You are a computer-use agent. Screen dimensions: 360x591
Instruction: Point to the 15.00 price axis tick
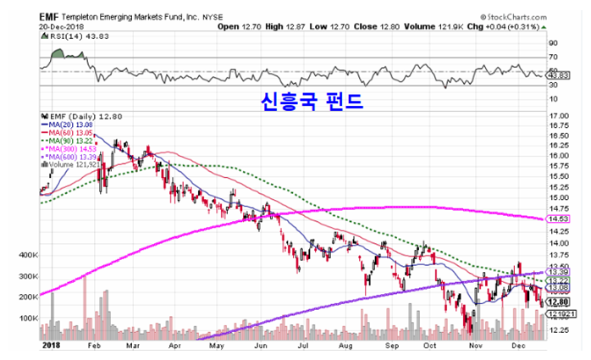559,197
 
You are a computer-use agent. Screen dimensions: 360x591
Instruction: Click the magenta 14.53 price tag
558,219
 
